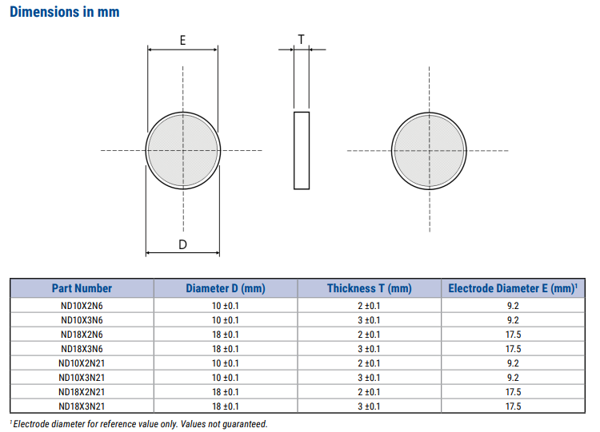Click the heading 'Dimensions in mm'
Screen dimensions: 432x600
[x=65, y=12]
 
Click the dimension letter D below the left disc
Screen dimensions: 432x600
[x=182, y=244]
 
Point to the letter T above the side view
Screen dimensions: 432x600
[x=301, y=38]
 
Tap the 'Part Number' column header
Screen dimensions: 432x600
[x=82, y=288]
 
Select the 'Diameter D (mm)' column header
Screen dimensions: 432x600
[x=225, y=288]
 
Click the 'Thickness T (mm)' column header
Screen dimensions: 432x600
[x=369, y=288]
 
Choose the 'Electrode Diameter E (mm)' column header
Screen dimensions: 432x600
[x=513, y=288]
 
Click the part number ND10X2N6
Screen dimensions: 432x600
[x=82, y=306]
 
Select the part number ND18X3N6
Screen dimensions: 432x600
[x=82, y=349]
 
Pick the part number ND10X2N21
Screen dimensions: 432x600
[x=82, y=363]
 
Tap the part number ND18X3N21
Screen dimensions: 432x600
[x=82, y=406]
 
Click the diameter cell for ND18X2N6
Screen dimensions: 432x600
[x=225, y=335]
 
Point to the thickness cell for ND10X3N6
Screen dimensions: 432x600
[x=369, y=320]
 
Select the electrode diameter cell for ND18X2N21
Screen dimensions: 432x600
[x=513, y=392]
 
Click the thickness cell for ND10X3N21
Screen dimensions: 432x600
[x=369, y=378]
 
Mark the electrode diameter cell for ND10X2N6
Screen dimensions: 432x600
[x=513, y=306]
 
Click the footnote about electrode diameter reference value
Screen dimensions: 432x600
[x=139, y=424]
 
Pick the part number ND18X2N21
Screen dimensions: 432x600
[x=82, y=392]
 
